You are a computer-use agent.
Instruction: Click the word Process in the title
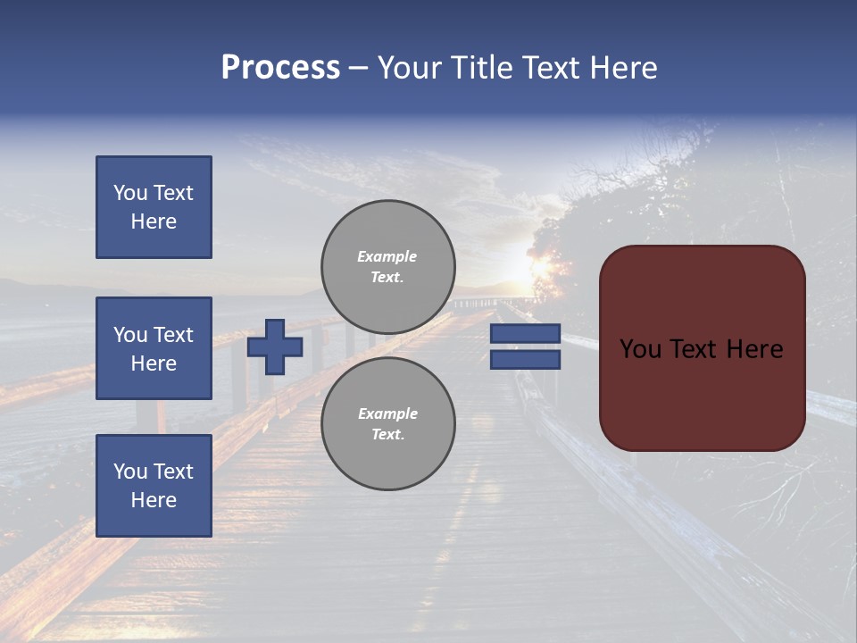point(280,68)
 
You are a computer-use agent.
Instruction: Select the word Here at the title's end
point(622,68)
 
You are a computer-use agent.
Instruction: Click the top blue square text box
point(154,207)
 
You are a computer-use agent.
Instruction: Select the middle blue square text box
point(154,348)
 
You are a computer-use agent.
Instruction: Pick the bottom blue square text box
point(154,485)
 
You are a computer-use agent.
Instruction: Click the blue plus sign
point(275,347)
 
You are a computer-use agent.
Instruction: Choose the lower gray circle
point(388,423)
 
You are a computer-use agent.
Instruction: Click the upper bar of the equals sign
point(525,334)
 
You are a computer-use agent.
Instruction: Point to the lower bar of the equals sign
point(525,359)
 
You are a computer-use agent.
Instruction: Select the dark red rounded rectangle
point(702,393)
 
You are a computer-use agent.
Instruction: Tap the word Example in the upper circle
point(387,256)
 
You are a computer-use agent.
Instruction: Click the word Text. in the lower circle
point(387,434)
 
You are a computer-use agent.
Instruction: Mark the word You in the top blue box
point(130,193)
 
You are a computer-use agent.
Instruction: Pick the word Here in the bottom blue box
point(154,500)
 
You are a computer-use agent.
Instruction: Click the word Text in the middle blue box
point(172,335)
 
